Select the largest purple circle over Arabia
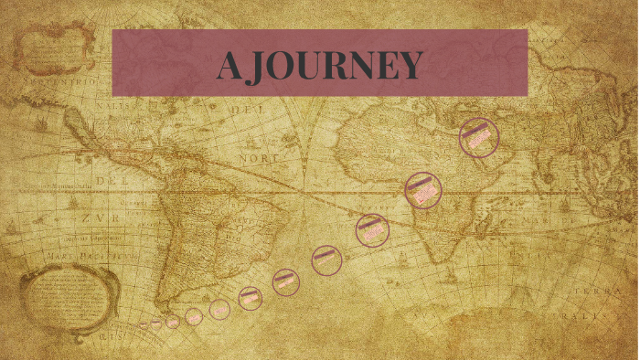point(479,137)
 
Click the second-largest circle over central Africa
point(423,190)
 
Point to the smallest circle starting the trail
point(143,325)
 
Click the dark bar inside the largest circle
point(475,132)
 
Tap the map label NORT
point(260,158)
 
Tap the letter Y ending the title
point(410,66)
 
